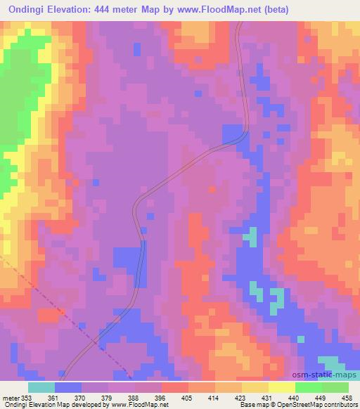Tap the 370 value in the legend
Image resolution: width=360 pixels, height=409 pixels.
click(x=82, y=397)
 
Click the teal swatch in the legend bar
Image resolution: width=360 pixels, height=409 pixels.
click(x=41, y=387)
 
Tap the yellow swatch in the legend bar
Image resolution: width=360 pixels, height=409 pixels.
click(x=281, y=387)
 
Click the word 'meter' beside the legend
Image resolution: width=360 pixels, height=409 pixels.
click(x=11, y=397)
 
